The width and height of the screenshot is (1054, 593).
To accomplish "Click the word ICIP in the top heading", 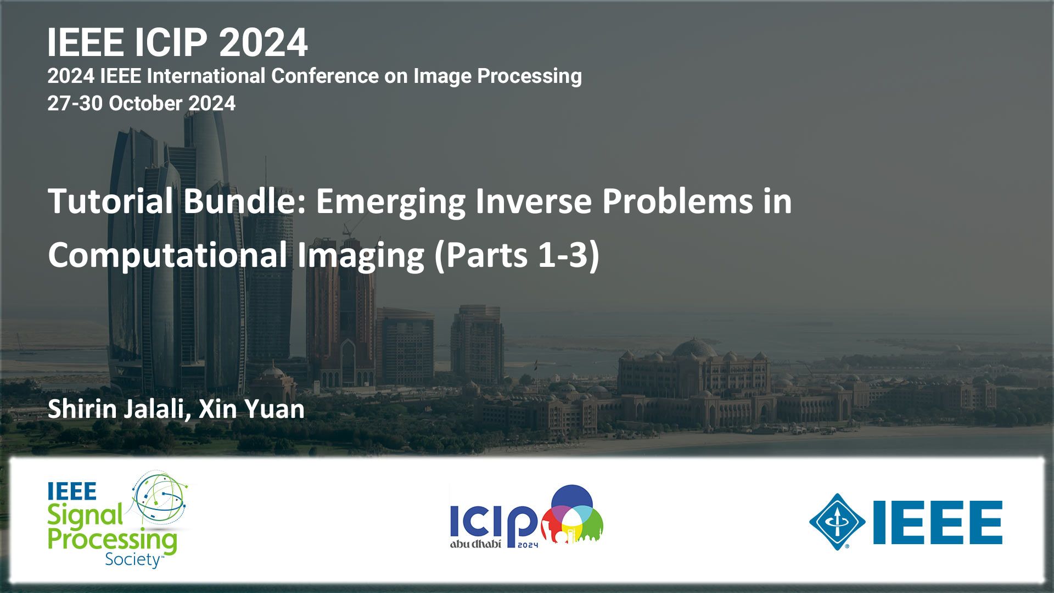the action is point(170,42).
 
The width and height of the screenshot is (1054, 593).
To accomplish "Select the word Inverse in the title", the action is point(534,201).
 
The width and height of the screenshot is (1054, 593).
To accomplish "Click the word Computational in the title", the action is point(167,256).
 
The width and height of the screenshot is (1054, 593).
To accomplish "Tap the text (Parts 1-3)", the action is point(517,256).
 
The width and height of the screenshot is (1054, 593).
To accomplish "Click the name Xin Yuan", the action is point(251,410).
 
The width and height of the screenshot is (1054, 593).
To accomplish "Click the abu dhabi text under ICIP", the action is point(475,544).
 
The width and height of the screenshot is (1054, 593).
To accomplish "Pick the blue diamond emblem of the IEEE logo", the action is point(837,522).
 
